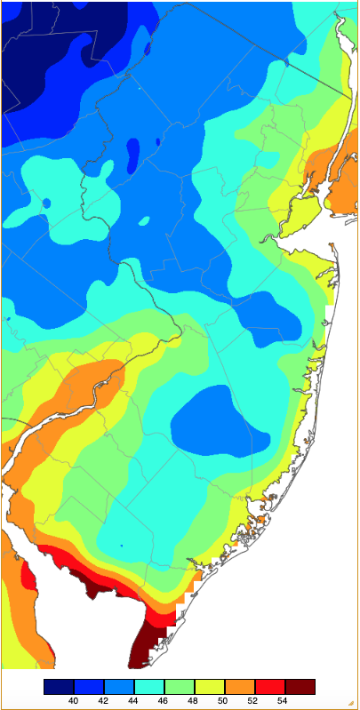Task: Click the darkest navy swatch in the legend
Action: tap(59, 687)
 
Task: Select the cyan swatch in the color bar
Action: tap(149, 687)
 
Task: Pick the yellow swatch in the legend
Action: tap(210, 687)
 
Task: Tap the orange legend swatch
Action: tap(240, 687)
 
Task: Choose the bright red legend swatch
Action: tap(270, 687)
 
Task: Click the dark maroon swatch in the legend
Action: tap(300, 687)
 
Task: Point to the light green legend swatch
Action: tap(180, 687)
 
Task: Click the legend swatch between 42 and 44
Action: tap(119, 687)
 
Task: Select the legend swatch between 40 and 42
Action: tap(89, 687)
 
